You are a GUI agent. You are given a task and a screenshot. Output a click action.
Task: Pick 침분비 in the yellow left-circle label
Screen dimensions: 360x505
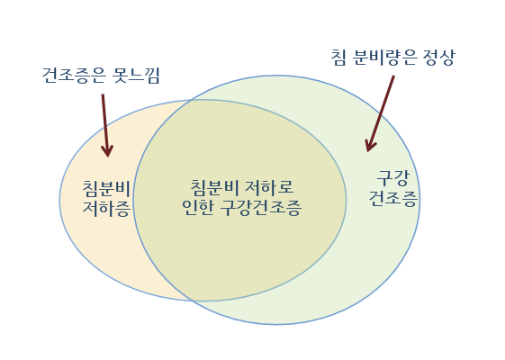tap(106, 188)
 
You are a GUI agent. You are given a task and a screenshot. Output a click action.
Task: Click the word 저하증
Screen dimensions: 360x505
tap(106, 209)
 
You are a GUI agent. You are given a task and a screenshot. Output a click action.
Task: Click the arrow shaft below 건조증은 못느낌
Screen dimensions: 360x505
tap(104, 117)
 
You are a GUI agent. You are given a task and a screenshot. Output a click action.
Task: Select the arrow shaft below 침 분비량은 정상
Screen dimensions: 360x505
tap(383, 108)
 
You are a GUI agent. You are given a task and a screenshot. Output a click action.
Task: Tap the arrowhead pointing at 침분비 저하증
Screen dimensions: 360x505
tap(106, 150)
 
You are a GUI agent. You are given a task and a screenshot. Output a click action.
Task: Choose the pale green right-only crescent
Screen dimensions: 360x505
tap(378, 252)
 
